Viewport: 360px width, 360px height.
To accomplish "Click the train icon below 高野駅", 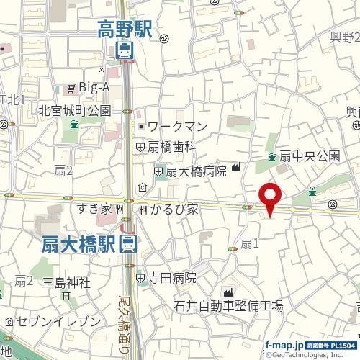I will [124, 50].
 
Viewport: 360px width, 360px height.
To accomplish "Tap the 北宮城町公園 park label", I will [75, 111].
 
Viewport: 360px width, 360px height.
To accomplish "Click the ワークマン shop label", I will [181, 127].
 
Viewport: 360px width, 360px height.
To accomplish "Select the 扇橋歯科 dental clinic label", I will [172, 146].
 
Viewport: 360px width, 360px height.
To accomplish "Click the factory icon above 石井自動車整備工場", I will [230, 292].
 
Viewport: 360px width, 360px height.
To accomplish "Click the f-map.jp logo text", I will [284, 345].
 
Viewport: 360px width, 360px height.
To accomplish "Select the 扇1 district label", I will [249, 243].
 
